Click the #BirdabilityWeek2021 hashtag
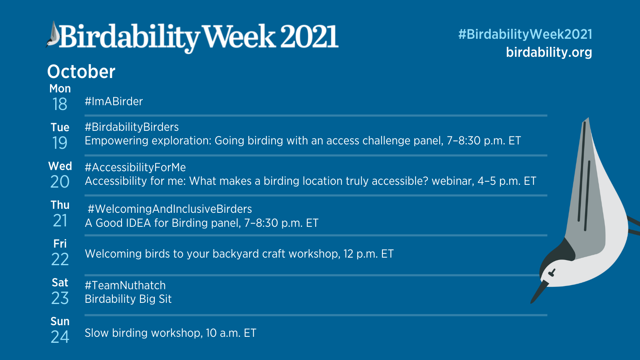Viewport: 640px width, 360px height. coord(525,34)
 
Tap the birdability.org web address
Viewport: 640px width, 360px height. coord(549,52)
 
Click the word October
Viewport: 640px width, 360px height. coord(81,72)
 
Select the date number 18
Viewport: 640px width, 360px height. coord(60,104)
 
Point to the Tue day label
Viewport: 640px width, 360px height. coord(60,127)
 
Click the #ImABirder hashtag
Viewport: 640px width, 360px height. coord(114,102)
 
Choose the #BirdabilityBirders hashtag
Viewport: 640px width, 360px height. coord(132,127)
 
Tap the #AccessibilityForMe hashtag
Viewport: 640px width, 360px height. coord(135,168)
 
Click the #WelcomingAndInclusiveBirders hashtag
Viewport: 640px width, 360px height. coord(170,209)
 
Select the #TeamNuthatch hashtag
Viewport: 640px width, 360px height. coord(125,285)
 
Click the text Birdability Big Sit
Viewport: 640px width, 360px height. coord(128,299)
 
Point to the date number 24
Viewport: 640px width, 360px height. coord(60,337)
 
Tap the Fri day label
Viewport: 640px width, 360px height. coord(60,244)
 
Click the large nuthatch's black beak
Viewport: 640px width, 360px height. coord(539,292)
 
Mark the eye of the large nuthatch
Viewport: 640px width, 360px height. coord(552,273)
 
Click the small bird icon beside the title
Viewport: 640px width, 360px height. coord(53,34)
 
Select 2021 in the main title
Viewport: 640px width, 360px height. coord(310,36)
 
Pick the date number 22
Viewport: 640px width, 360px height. coord(60,259)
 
